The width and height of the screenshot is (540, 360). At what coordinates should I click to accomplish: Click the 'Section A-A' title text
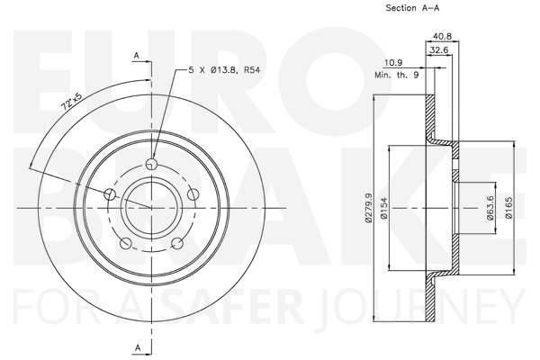(x=412, y=8)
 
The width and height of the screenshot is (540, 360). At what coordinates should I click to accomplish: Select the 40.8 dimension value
(x=442, y=36)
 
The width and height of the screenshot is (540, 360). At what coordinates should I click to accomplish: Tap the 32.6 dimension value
(x=439, y=50)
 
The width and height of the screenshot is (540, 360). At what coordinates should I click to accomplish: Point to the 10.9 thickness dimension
(x=393, y=63)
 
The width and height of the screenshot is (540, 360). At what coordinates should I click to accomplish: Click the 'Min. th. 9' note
(x=397, y=75)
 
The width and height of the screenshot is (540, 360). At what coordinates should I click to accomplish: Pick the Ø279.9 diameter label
(x=369, y=208)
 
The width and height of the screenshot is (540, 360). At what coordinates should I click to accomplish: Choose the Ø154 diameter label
(x=384, y=208)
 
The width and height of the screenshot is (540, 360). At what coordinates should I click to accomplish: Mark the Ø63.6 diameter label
(x=490, y=208)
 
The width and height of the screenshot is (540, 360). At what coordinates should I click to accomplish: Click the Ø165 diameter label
(x=508, y=208)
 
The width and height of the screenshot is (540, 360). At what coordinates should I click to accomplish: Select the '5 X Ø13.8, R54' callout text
(x=224, y=70)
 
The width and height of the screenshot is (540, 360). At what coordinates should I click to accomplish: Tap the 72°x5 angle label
(x=72, y=102)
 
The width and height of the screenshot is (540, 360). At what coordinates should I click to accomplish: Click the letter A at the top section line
(x=137, y=56)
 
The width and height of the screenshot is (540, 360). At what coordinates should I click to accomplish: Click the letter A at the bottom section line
(x=138, y=347)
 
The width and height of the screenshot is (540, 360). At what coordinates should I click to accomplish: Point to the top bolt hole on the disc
(x=151, y=164)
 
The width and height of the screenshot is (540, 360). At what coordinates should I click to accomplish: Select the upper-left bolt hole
(x=110, y=194)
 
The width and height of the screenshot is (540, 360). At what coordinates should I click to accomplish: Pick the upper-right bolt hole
(x=193, y=194)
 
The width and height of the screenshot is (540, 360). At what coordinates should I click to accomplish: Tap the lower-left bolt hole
(x=126, y=243)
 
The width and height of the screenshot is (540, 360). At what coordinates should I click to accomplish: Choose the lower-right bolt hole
(x=177, y=243)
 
